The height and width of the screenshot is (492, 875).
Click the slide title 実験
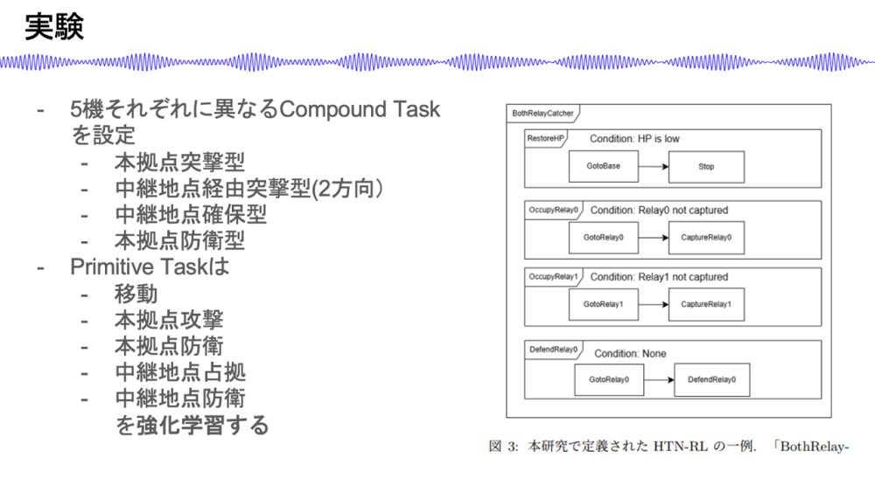pyautogui.click(x=54, y=27)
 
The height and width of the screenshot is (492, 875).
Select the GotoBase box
pyautogui.click(x=603, y=166)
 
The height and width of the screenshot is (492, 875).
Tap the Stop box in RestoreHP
pyautogui.click(x=706, y=167)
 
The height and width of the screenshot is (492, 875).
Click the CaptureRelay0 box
pyautogui.click(x=706, y=238)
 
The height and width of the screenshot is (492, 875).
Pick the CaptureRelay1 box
pyautogui.click(x=706, y=304)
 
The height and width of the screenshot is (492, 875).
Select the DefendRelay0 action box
pyautogui.click(x=711, y=379)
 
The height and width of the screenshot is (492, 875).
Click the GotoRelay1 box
pyautogui.click(x=603, y=304)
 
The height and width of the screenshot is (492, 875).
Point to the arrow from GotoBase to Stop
pyautogui.click(x=654, y=166)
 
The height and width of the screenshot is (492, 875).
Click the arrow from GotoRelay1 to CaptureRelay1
pyautogui.click(x=654, y=304)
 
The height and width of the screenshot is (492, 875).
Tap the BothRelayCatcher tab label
pyautogui.click(x=542, y=113)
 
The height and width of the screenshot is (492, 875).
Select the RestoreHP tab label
pyautogui.click(x=545, y=138)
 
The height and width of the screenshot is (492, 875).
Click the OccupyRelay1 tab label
pyautogui.click(x=553, y=276)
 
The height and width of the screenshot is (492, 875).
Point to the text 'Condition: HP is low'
pyautogui.click(x=634, y=139)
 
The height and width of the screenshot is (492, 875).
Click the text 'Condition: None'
pyautogui.click(x=630, y=353)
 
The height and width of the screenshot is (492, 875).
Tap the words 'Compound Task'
pyautogui.click(x=360, y=109)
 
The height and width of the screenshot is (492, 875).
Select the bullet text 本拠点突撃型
pyautogui.click(x=179, y=163)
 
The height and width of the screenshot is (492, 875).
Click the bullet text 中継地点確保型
pyautogui.click(x=191, y=214)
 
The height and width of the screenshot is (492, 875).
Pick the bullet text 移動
pyautogui.click(x=136, y=294)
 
